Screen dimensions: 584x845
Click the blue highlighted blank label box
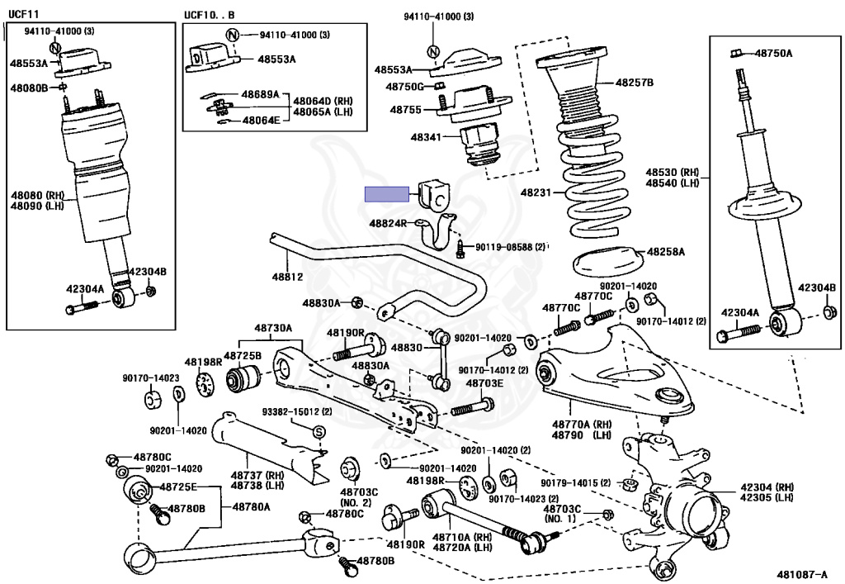(x=387, y=194)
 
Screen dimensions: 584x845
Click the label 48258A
(x=665, y=250)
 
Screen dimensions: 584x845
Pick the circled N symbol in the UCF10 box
(x=233, y=35)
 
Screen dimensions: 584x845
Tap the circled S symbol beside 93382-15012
(x=319, y=431)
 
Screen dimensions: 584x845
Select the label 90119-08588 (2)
(x=509, y=246)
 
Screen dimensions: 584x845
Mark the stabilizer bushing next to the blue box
(x=437, y=195)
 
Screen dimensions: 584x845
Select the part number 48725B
(x=243, y=356)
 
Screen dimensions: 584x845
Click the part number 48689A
(x=260, y=95)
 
